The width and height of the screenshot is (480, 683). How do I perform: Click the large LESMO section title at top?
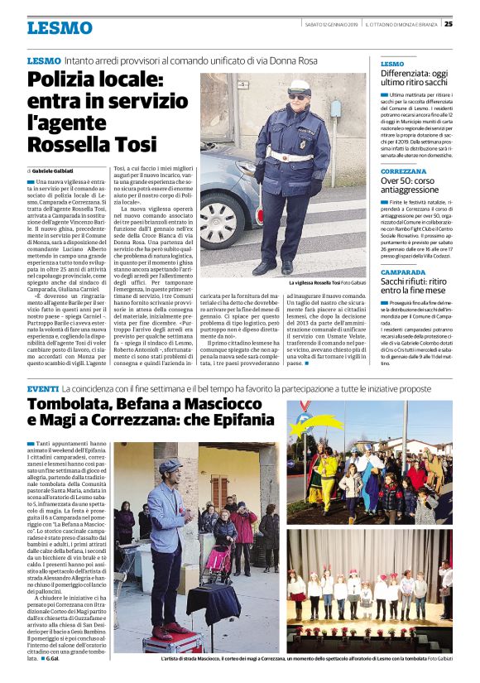[60, 28]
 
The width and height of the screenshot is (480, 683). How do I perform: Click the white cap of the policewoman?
[300, 85]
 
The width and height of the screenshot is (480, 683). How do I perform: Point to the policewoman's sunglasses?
[298, 96]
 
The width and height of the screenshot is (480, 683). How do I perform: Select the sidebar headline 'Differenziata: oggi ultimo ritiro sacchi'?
[414, 79]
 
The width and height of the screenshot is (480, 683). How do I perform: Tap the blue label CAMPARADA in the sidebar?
[403, 271]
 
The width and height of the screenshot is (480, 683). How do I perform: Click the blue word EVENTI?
[43, 388]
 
